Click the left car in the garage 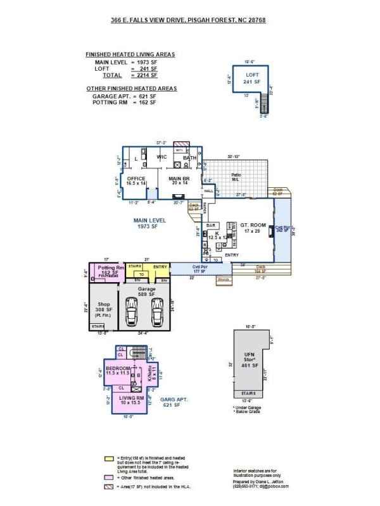coord(132,311)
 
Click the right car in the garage coord(156,311)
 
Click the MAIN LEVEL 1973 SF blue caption coord(149,223)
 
